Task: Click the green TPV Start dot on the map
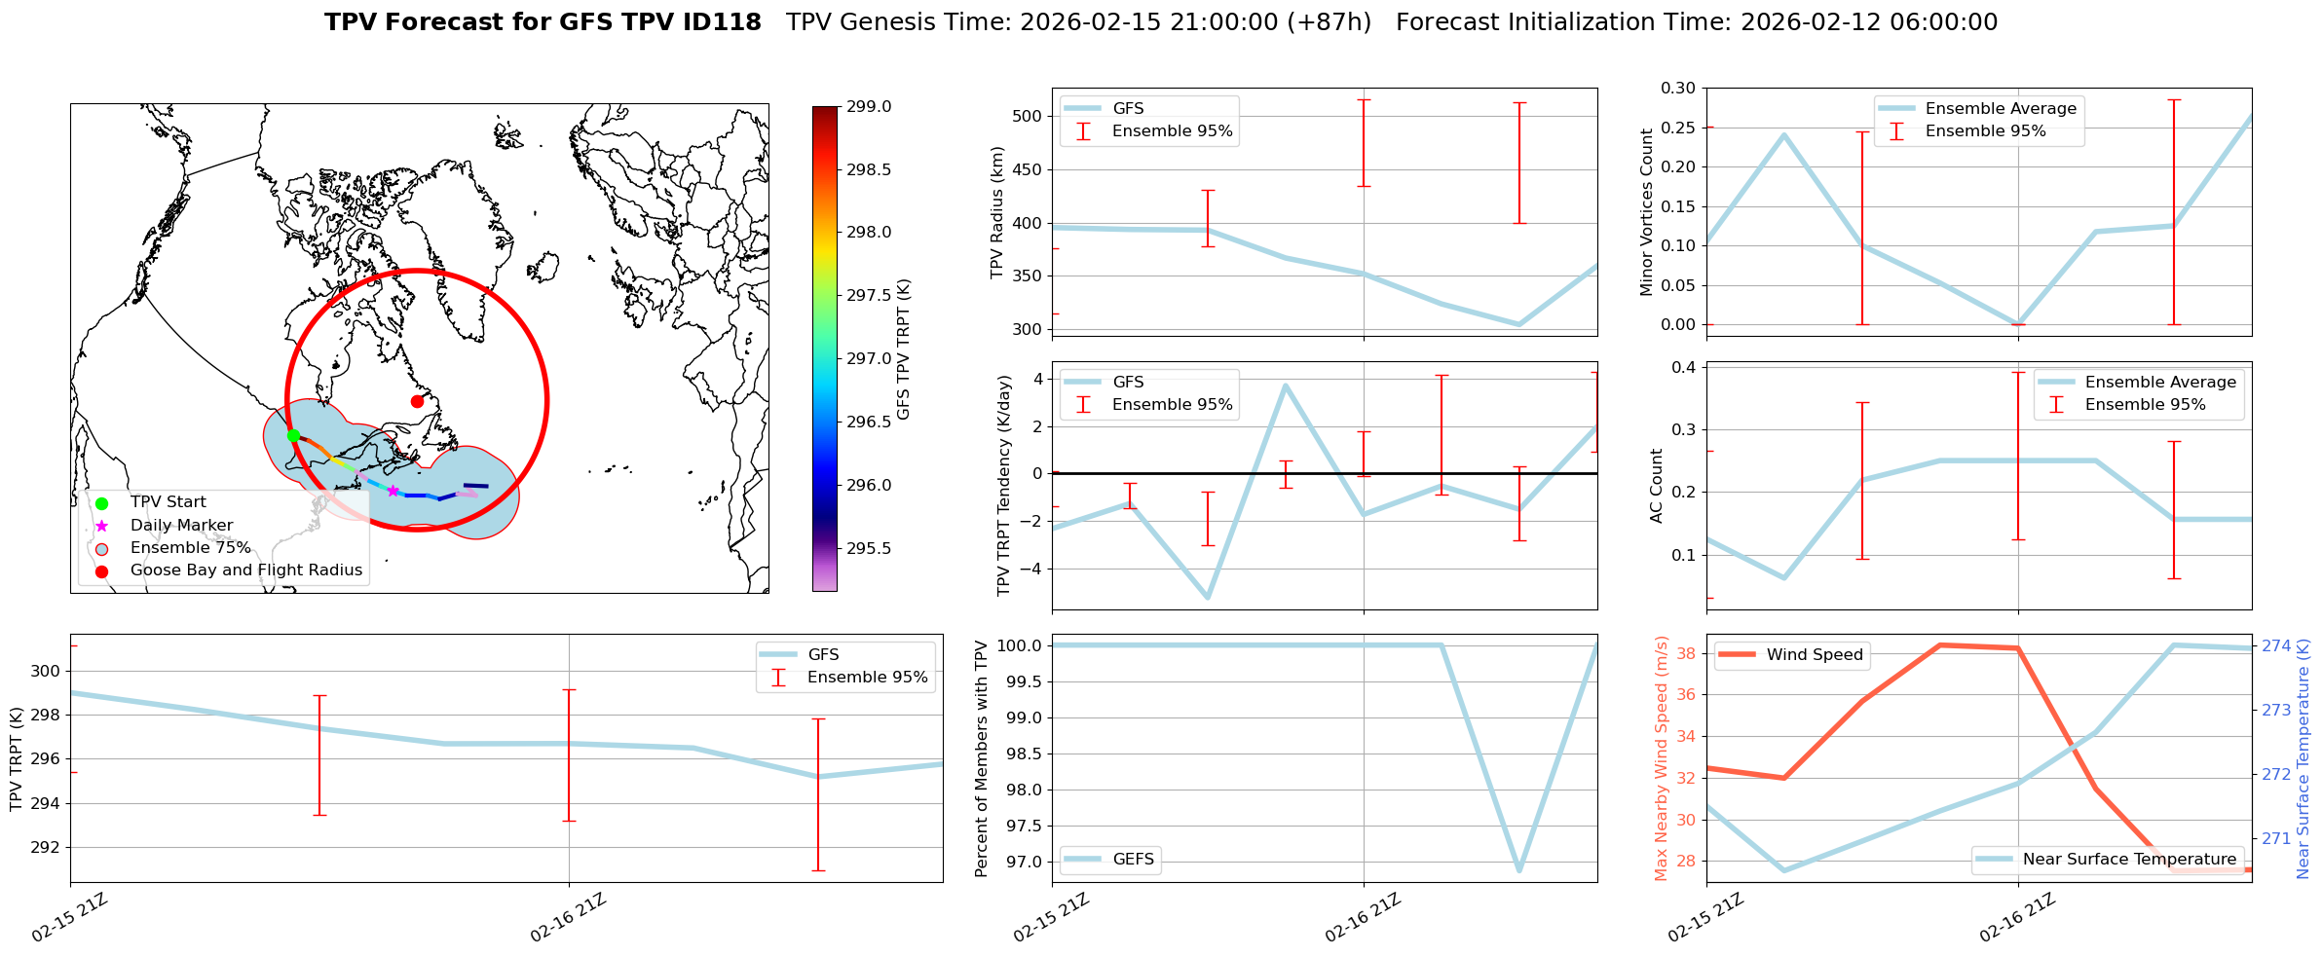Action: pyautogui.click(x=293, y=435)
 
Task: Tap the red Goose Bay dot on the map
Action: pyautogui.click(x=417, y=401)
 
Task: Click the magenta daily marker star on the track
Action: pyautogui.click(x=393, y=491)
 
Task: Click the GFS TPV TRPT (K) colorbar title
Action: pyautogui.click(x=904, y=349)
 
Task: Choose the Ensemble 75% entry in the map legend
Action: pyautogui.click(x=190, y=547)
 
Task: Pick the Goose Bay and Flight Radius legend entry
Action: pyautogui.click(x=245, y=570)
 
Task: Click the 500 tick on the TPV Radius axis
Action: pyautogui.click(x=1029, y=116)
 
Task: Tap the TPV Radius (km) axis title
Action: pyautogui.click(x=996, y=212)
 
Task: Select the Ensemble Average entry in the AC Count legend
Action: pyautogui.click(x=2160, y=382)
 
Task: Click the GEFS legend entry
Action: pyautogui.click(x=1133, y=859)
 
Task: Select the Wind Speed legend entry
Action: pyautogui.click(x=1814, y=654)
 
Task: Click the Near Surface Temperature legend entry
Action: pyautogui.click(x=2129, y=859)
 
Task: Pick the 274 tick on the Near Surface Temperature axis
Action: pyautogui.click(x=2276, y=645)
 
